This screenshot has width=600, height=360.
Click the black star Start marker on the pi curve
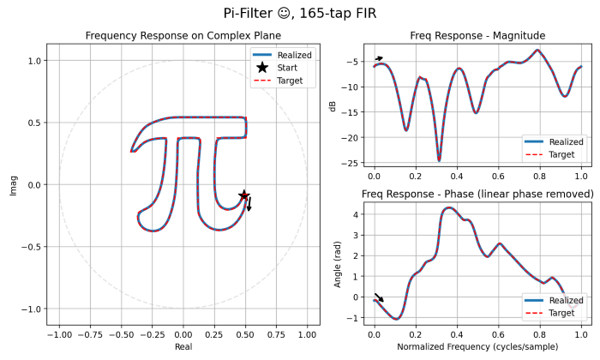244,195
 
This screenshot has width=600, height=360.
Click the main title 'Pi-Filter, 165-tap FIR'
299,14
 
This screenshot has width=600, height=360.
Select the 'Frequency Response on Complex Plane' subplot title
183,35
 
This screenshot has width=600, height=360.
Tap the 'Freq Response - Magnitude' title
478,35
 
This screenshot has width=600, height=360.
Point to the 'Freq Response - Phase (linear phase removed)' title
478,195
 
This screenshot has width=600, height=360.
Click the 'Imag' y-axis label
13,184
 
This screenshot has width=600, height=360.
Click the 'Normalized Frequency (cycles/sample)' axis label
478,349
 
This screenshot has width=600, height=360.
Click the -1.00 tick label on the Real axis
58,335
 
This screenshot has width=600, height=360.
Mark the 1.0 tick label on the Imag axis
36,61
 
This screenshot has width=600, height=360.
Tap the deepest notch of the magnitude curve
439,160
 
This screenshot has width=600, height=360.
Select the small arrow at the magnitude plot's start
379,58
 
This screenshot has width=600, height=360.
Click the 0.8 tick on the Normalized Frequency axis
539,335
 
